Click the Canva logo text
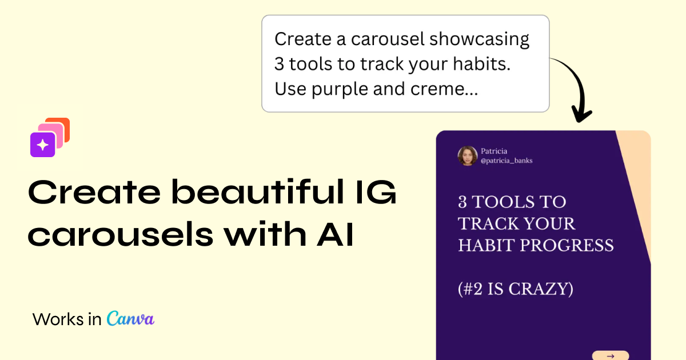point(130,318)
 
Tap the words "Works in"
point(67,319)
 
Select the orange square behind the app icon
point(62,125)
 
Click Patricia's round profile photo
point(468,156)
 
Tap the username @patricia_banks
point(506,161)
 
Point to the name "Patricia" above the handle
point(494,151)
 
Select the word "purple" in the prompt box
point(339,89)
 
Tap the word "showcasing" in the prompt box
point(479,39)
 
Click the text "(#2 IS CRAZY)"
point(516,289)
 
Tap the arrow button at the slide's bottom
point(610,355)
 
